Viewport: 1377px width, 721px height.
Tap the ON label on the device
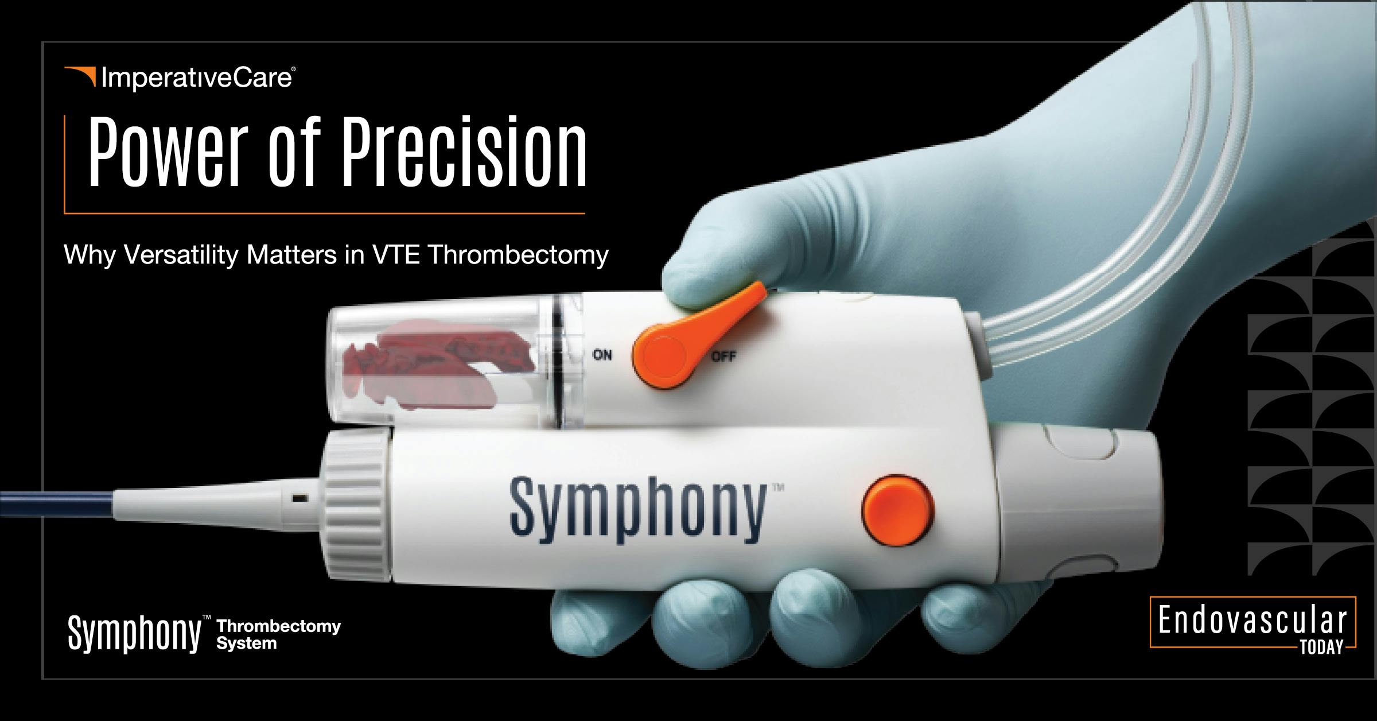point(602,356)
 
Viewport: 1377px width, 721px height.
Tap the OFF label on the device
point(723,357)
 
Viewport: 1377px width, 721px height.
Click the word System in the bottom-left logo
point(246,644)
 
